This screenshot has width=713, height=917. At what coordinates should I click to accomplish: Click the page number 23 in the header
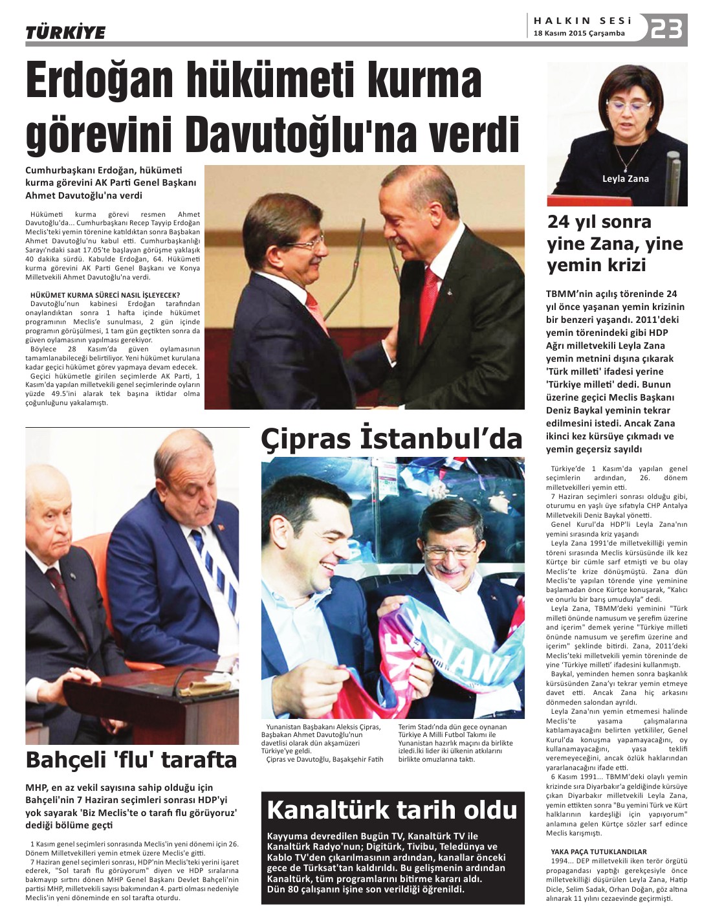click(666, 28)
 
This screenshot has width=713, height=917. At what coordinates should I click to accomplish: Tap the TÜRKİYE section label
click(65, 32)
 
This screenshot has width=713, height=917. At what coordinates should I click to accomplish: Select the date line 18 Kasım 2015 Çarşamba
click(579, 33)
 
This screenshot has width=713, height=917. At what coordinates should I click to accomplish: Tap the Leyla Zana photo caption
click(625, 179)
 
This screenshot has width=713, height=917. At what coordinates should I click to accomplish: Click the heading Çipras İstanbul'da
click(391, 439)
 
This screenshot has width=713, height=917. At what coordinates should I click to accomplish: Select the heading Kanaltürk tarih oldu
click(392, 810)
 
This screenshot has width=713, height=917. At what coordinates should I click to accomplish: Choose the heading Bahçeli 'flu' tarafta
click(131, 759)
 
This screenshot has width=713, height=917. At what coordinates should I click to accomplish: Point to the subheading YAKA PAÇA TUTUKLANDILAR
click(598, 852)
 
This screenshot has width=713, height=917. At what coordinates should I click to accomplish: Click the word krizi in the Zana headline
click(626, 265)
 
